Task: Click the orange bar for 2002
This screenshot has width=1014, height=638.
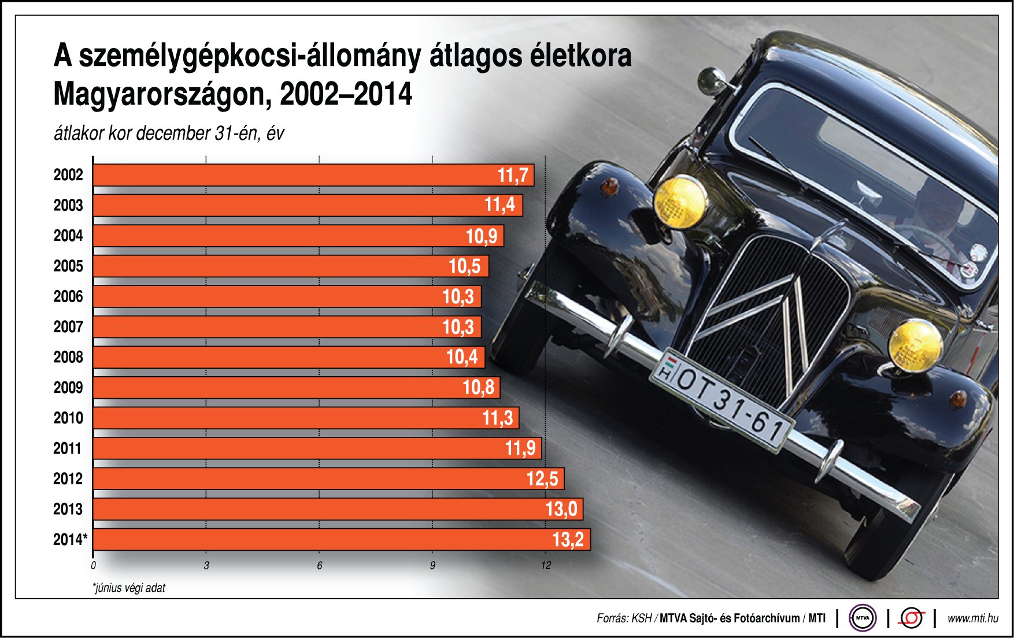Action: pos(312,175)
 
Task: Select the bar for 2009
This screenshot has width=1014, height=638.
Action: pos(295,387)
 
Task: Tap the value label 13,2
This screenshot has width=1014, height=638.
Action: pos(568,540)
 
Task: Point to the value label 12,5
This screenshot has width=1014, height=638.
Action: pos(542,479)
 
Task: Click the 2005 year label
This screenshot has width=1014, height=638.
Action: pos(68,266)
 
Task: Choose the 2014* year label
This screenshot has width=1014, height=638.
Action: pos(70,540)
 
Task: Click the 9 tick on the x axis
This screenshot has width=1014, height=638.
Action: pos(432,566)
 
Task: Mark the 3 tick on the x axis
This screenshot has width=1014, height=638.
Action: pos(206,566)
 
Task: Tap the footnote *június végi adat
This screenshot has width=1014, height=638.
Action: pos(129,588)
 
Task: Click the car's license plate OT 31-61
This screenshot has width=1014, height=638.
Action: pos(723,399)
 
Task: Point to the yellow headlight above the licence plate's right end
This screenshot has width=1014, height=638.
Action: pos(915,346)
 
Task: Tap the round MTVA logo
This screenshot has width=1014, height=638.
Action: pos(862,618)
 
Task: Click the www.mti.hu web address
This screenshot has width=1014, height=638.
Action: pos(972,618)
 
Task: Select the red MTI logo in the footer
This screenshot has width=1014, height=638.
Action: pos(911,618)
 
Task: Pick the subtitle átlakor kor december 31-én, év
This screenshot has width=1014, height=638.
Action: pos(169,133)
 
